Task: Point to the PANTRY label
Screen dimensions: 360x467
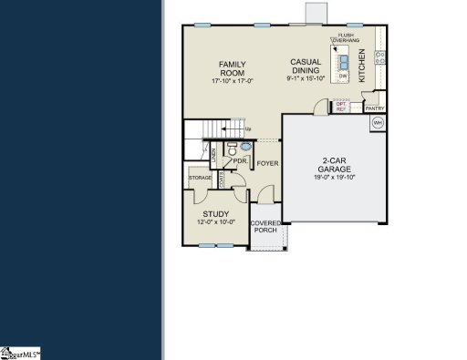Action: point(375,108)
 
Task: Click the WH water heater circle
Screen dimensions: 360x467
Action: point(377,123)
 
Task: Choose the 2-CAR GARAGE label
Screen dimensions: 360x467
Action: point(328,166)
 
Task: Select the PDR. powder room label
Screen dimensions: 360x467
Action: point(241,160)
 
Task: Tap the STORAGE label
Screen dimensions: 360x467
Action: point(201,178)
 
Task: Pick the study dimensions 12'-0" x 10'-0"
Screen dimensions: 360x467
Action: point(216,221)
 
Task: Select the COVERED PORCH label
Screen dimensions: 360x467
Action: point(266,226)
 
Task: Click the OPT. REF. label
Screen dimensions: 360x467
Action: point(341,107)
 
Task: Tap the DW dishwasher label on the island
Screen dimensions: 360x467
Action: point(344,76)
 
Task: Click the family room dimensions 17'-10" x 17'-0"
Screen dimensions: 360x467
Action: point(232,80)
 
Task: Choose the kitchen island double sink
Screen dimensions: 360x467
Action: point(344,62)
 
